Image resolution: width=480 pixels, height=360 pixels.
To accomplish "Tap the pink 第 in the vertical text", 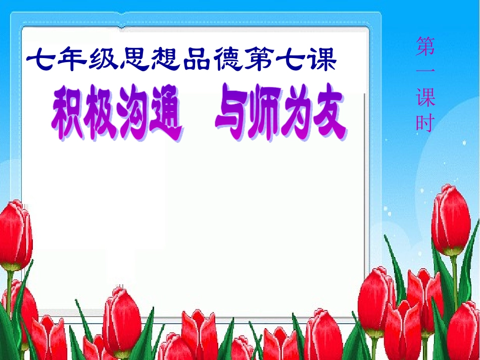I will pyautogui.click(x=425, y=46).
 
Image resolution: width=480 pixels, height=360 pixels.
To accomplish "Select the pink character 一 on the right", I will pyautogui.click(x=425, y=71).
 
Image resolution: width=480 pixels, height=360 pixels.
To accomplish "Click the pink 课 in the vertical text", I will pyautogui.click(x=425, y=97).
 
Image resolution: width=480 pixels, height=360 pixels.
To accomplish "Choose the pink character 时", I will pyautogui.click(x=425, y=122).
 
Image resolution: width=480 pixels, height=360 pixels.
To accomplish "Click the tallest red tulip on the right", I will pyautogui.click(x=450, y=220).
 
